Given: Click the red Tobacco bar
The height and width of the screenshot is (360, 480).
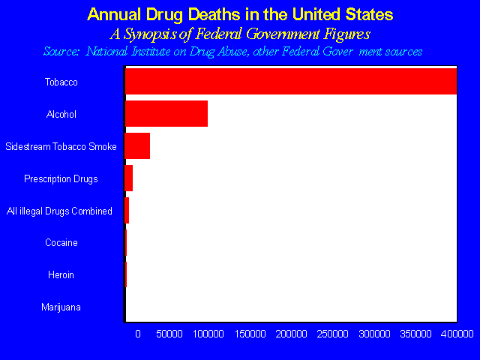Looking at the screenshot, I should point(291,81).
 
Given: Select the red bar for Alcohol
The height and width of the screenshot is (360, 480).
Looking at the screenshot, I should point(166,113).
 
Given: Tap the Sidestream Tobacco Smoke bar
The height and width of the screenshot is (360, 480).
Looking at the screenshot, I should point(138,145).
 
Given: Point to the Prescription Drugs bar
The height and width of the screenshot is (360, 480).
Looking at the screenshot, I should point(129,178).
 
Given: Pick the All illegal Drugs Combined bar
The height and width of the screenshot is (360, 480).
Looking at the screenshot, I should point(127,210).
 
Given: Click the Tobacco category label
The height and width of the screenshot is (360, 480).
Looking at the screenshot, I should point(61,82).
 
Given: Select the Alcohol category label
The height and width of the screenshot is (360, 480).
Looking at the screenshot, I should point(61,114).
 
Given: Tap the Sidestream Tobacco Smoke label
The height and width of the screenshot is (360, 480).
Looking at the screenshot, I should point(61,146).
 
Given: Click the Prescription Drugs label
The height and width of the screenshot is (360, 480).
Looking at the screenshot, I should point(61,178).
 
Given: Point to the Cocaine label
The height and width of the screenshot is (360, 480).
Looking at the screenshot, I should point(61,243).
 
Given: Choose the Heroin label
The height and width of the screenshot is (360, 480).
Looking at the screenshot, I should point(61,275).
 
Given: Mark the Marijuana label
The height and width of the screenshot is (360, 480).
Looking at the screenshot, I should point(61,307).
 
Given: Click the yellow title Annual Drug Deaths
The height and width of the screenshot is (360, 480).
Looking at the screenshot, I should point(240,14).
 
